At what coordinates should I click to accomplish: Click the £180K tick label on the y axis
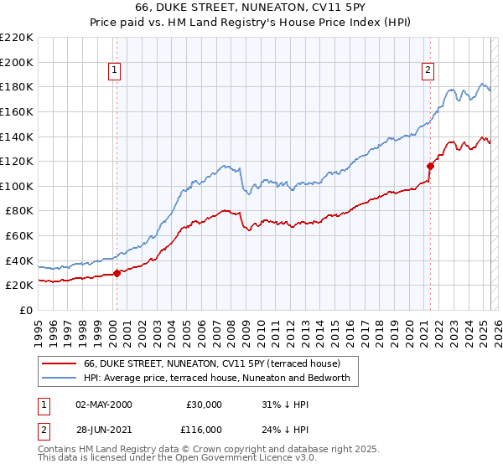(x=17, y=86)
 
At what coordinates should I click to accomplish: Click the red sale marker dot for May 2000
(x=117, y=272)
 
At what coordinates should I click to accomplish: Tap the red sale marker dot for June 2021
(x=430, y=165)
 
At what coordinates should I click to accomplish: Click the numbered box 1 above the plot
(x=114, y=70)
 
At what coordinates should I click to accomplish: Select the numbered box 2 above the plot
(x=428, y=70)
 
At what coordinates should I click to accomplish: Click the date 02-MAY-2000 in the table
(x=104, y=405)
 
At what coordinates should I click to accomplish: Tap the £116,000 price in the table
(x=204, y=429)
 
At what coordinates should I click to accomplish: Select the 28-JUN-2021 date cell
(x=104, y=429)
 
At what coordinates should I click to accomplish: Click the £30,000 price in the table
(x=204, y=405)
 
